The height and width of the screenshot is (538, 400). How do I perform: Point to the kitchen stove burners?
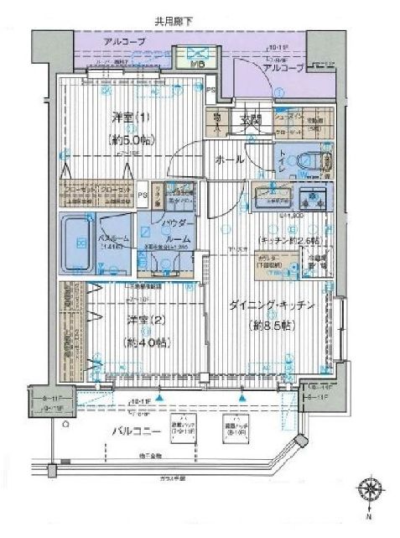click(315, 196)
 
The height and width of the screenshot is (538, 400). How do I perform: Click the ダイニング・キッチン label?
click(262, 306)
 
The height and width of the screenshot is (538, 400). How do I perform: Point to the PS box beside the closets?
click(143, 191)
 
